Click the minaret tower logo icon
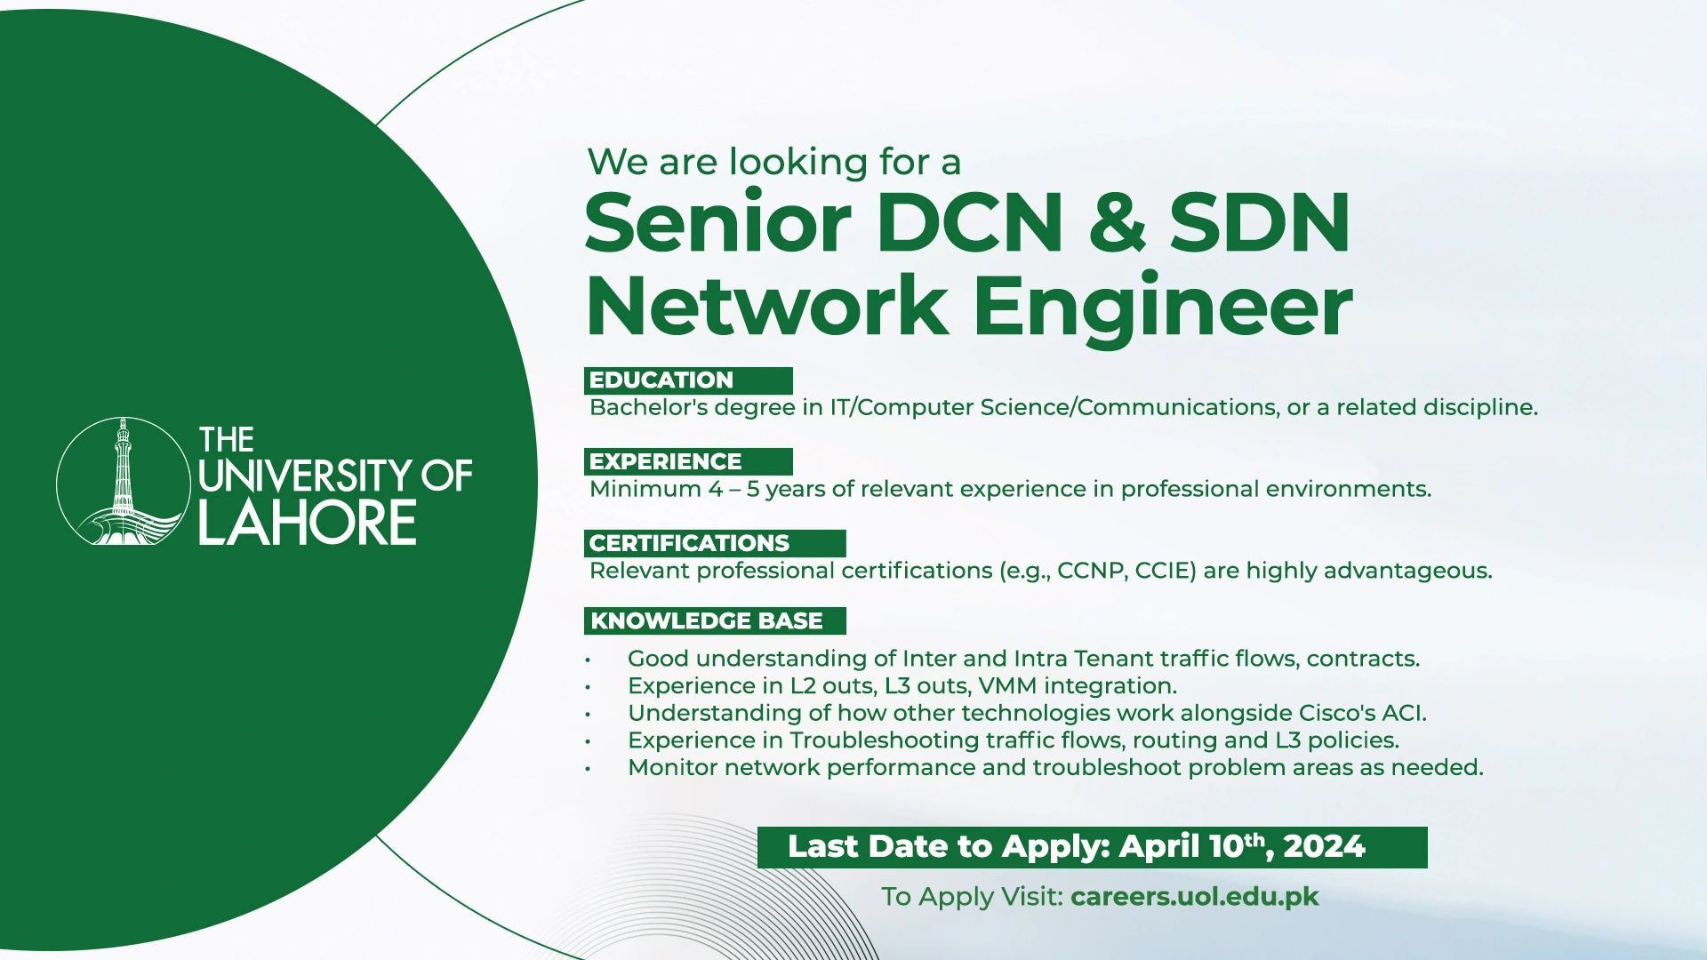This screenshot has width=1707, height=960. pyautogui.click(x=123, y=481)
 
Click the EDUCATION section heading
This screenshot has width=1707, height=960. pyautogui.click(x=661, y=380)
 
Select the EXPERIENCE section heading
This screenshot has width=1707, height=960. pyautogui.click(x=665, y=461)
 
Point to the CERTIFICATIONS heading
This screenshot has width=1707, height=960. pyautogui.click(x=689, y=543)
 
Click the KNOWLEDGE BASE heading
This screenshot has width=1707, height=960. pyautogui.click(x=707, y=620)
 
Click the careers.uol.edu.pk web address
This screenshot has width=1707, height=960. pyautogui.click(x=1195, y=897)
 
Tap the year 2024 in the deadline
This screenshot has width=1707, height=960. pyautogui.click(x=1324, y=847)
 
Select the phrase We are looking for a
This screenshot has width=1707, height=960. pyautogui.click(x=774, y=162)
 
